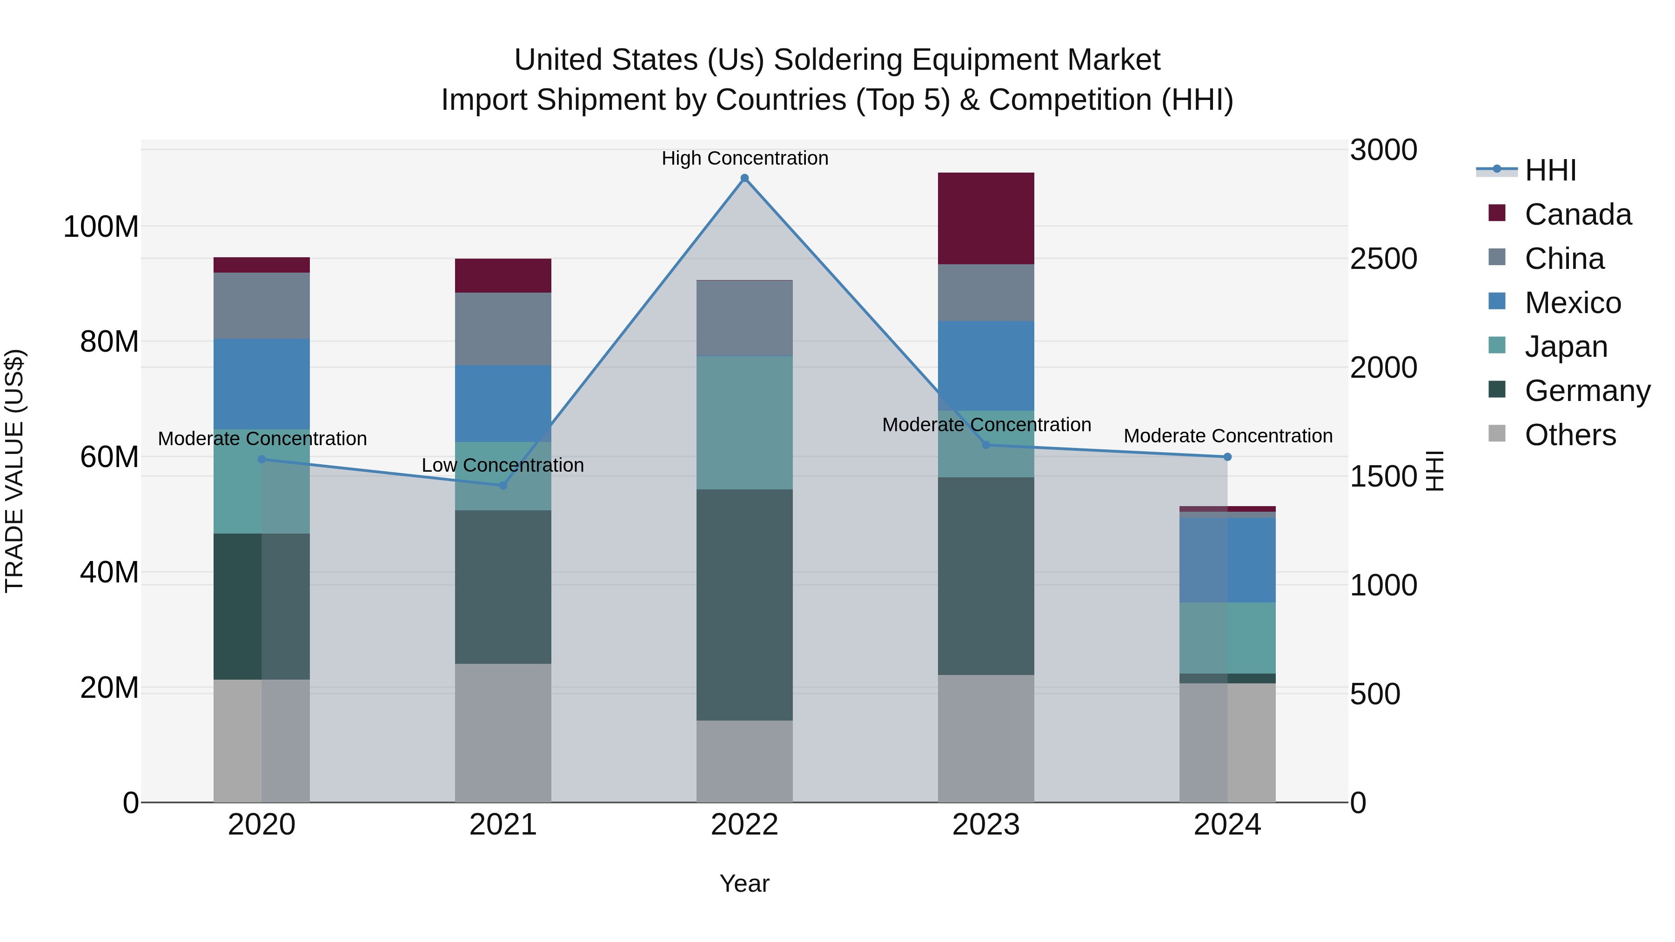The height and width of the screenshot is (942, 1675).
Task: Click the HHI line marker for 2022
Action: [x=744, y=178]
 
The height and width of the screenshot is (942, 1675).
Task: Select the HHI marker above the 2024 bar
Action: [x=1227, y=457]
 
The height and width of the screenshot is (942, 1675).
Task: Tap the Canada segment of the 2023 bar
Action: [x=986, y=219]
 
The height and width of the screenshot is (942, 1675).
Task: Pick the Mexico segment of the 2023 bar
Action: [x=986, y=365]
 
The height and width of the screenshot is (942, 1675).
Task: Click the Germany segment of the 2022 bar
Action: [x=744, y=605]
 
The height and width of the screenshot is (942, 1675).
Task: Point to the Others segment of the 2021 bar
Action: [x=502, y=733]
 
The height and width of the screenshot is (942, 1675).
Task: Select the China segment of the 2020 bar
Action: [x=261, y=306]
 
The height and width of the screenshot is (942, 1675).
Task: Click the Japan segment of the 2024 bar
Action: [x=1227, y=638]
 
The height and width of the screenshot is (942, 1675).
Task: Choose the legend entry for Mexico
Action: [x=1572, y=303]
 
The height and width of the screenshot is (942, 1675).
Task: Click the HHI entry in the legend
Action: [x=1550, y=170]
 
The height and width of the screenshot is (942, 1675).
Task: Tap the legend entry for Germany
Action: [x=1587, y=391]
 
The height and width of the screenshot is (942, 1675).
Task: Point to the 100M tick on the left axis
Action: [x=101, y=227]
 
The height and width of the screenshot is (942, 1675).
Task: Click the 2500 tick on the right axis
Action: [x=1383, y=259]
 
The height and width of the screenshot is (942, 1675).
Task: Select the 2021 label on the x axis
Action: [x=502, y=825]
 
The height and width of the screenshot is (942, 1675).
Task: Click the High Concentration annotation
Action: [x=744, y=158]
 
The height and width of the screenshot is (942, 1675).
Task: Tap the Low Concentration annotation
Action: [x=502, y=466]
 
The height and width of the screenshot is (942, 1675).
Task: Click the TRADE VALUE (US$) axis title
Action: [x=14, y=471]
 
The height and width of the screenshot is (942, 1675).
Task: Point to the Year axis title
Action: [x=744, y=883]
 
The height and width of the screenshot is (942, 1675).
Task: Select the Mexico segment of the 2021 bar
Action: [x=502, y=404]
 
